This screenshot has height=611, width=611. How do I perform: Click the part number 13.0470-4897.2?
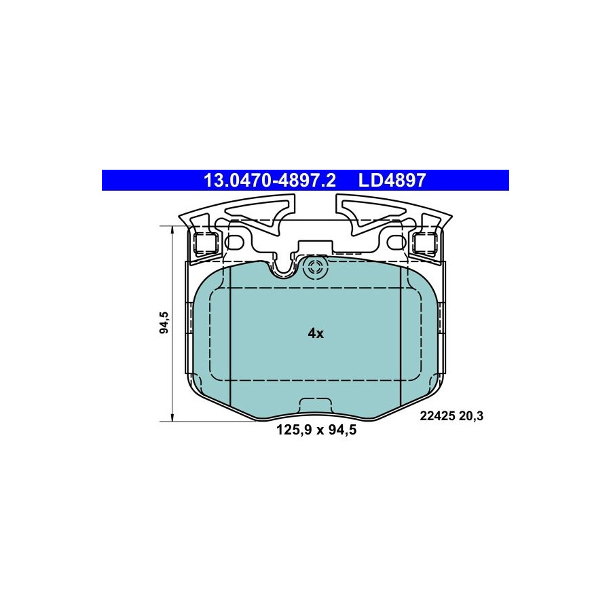click(270, 181)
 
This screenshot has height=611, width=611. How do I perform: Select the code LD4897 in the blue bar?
click(392, 181)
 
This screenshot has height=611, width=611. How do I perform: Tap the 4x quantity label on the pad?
click(316, 333)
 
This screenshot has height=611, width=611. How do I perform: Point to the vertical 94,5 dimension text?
click(164, 322)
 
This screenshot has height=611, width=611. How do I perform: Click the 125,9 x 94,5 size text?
click(316, 430)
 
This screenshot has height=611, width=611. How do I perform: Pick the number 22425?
click(438, 416)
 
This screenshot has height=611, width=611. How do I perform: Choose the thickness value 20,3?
click(471, 416)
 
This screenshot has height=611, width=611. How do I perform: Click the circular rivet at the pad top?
click(315, 267)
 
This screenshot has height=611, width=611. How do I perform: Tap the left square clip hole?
click(205, 244)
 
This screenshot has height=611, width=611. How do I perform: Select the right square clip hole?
click(425, 244)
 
